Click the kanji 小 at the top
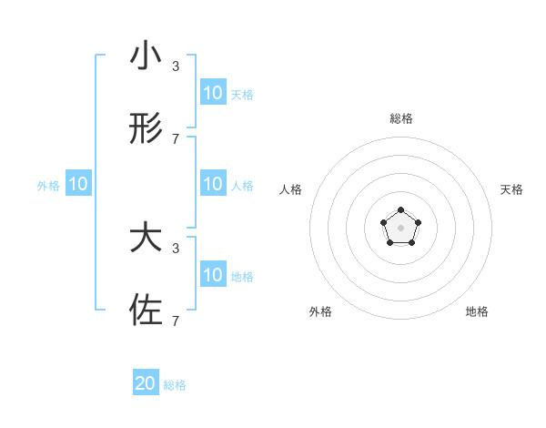click(x=146, y=56)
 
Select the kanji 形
click(x=146, y=130)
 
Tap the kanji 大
click(x=146, y=239)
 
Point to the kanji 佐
click(x=146, y=310)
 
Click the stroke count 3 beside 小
click(x=176, y=66)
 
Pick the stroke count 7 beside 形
click(x=176, y=139)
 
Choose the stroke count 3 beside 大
click(x=176, y=248)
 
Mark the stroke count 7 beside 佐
click(x=176, y=321)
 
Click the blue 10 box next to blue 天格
click(x=212, y=93)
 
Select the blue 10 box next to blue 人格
click(x=212, y=184)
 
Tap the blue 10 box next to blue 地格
click(x=212, y=275)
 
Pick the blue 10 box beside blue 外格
click(x=78, y=184)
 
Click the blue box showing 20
click(x=146, y=383)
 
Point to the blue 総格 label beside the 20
click(x=175, y=385)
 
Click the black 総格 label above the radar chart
click(x=400, y=118)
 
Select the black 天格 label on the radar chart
click(x=511, y=189)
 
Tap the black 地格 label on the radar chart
click(x=477, y=311)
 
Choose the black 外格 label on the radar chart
click(x=320, y=311)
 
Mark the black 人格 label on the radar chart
click(x=291, y=189)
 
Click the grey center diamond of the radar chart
click(x=400, y=226)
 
